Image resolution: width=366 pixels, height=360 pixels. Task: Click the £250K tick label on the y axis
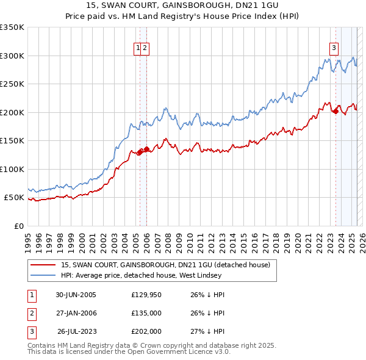coord(12,84)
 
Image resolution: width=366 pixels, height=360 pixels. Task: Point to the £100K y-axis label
coord(12,169)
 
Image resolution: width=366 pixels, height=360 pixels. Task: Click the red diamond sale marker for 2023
coord(335,111)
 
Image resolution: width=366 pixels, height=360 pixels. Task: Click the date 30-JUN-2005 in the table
coord(76,295)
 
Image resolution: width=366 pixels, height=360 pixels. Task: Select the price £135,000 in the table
coord(146,314)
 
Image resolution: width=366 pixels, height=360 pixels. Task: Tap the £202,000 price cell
coord(146,332)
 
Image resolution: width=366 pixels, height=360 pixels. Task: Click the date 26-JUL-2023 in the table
coord(76,332)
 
